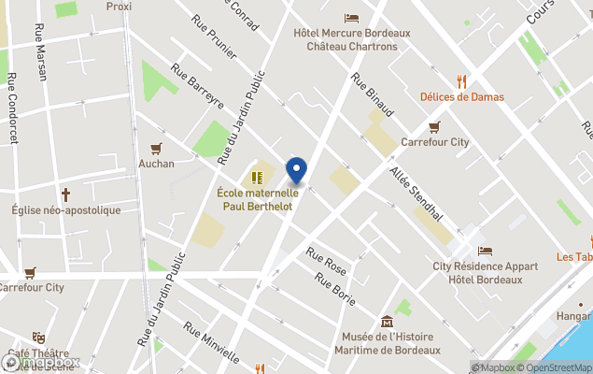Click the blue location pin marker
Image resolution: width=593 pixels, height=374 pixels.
296,169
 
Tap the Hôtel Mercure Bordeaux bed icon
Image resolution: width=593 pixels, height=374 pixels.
351,18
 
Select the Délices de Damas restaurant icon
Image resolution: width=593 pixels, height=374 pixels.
461,81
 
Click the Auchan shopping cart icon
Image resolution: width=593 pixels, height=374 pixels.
156,148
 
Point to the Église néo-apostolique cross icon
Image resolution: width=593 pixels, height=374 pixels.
66,194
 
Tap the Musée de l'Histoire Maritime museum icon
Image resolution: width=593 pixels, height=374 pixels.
388,322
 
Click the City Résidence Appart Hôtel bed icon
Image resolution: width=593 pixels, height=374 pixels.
485,251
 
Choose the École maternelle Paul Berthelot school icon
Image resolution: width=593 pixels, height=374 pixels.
256,177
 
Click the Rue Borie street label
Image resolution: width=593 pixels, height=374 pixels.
335,287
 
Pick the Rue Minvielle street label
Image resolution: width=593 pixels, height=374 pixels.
210,342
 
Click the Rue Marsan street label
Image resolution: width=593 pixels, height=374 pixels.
40,52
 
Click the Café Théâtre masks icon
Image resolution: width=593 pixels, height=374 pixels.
38,338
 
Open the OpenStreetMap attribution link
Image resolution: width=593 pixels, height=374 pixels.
558,367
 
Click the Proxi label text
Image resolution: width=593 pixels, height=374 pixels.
119,6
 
